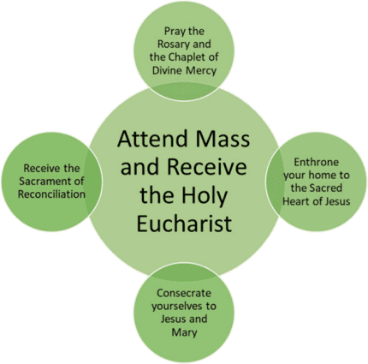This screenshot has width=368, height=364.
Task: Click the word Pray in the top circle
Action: pyautogui.click(x=175, y=32)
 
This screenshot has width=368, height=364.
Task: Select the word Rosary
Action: pyautogui.click(x=172, y=45)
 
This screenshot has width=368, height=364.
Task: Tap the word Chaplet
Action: pyautogui.click(x=186, y=57)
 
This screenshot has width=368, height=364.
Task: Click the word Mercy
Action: pyautogui.click(x=201, y=71)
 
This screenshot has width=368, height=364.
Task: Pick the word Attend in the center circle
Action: pyautogui.click(x=151, y=139)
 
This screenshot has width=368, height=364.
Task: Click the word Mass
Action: pyautogui.click(x=222, y=139)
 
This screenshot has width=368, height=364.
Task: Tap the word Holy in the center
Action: pyautogui.click(x=205, y=194)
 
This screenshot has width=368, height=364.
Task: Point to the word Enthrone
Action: pyautogui.click(x=317, y=162)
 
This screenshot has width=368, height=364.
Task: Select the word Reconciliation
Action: pyautogui.click(x=51, y=194)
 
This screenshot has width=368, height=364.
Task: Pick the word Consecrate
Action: pyautogui.click(x=184, y=293)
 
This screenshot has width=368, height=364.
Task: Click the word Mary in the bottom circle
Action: pyautogui.click(x=184, y=333)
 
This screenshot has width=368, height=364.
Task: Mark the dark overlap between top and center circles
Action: pyautogui.click(x=184, y=92)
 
